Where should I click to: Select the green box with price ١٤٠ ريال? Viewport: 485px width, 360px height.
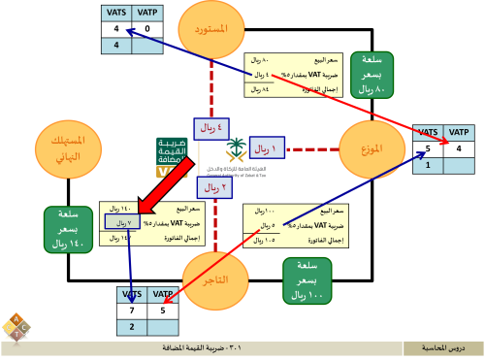68,229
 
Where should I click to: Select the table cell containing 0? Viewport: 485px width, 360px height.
146,29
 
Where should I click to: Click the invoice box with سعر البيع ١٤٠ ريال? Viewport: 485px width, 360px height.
145,221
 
